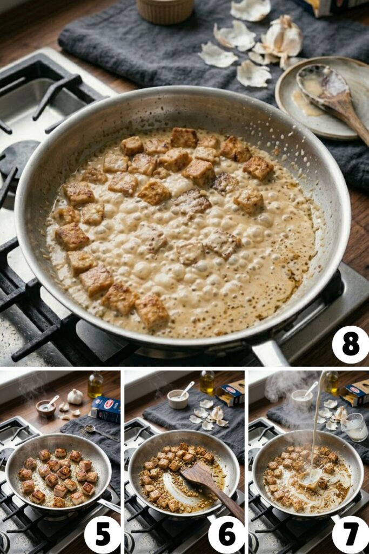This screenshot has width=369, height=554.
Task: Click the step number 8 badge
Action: pos(350,345)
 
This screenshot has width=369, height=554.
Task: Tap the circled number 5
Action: pos(103,535)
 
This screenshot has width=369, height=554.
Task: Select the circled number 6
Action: pos(226,535)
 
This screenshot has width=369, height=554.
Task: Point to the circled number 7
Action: pos(350,535)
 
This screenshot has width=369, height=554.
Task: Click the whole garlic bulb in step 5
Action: pos(75,397)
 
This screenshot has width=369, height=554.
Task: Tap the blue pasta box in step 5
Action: pos(105,410)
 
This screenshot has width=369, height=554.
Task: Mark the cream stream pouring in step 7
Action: pos(316,427)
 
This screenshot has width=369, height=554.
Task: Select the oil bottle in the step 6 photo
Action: pos(207,382)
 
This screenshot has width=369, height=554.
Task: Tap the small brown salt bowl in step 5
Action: pos(45,407)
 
